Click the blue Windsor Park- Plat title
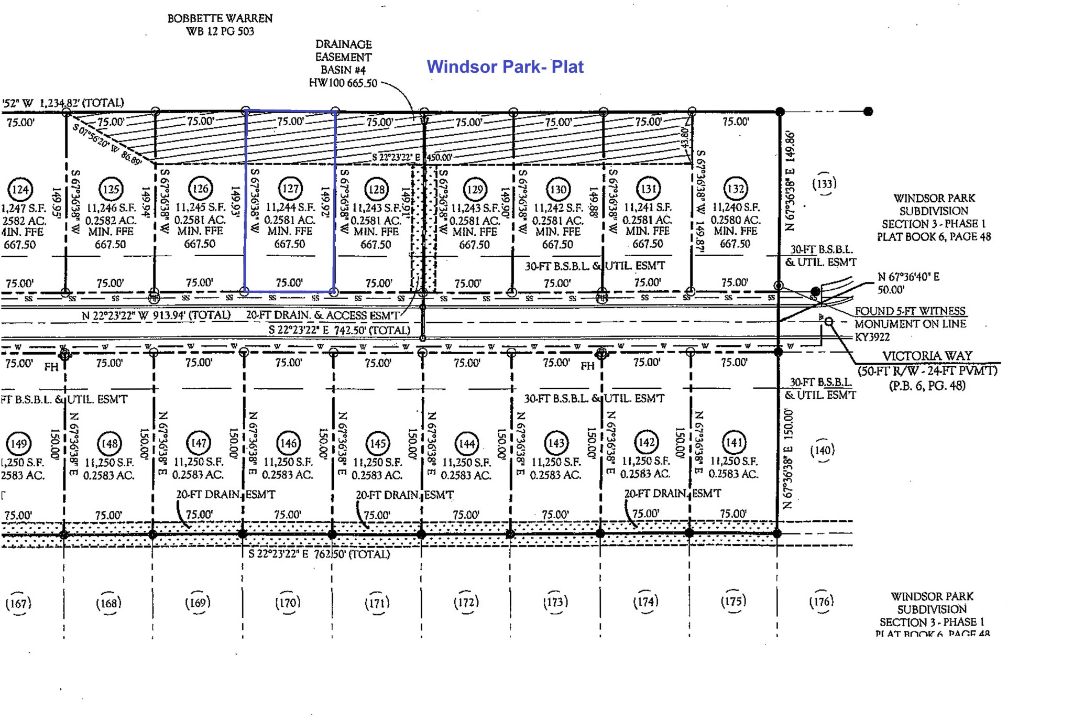(x=505, y=67)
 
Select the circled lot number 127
(x=290, y=189)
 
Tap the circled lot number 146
(x=288, y=443)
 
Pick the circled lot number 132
(x=736, y=189)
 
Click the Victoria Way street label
(x=927, y=356)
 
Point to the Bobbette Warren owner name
(x=220, y=18)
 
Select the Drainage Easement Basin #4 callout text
(x=343, y=57)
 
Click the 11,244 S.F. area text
(x=290, y=207)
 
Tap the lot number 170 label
(x=288, y=603)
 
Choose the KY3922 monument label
(x=872, y=337)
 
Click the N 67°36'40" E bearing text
(x=908, y=277)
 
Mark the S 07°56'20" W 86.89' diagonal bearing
(x=107, y=144)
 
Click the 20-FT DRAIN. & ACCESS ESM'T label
(x=322, y=315)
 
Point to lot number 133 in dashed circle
(x=824, y=184)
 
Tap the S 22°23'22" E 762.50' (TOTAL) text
(x=319, y=554)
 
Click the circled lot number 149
(x=19, y=444)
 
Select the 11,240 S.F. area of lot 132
(x=735, y=207)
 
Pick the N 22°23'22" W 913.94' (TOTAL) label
(x=156, y=315)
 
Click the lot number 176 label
(x=821, y=602)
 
